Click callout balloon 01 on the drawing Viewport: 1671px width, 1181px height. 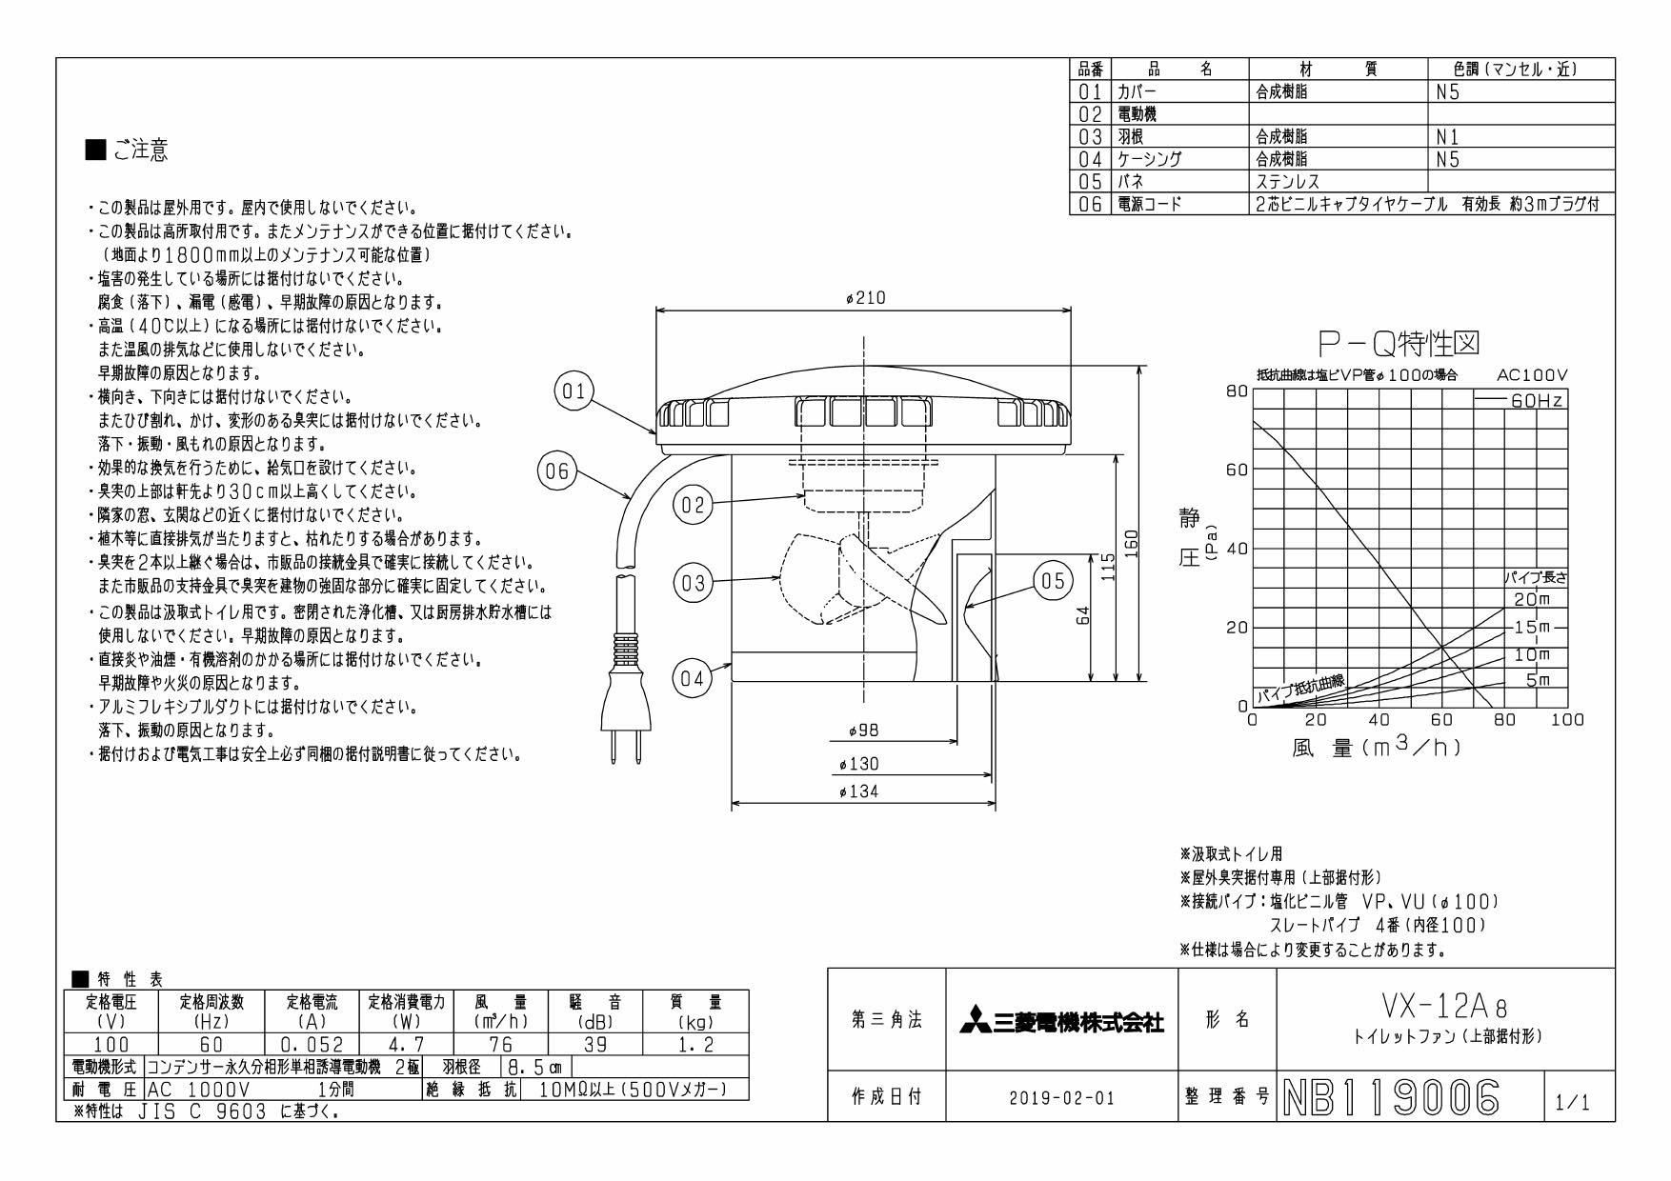click(574, 391)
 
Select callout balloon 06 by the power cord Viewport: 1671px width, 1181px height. click(557, 470)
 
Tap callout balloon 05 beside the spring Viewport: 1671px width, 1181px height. click(1053, 581)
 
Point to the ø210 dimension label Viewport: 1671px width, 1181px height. click(865, 298)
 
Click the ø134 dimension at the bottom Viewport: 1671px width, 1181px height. click(858, 791)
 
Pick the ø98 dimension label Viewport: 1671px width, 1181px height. click(863, 731)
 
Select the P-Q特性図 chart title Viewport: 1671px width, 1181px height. click(1398, 343)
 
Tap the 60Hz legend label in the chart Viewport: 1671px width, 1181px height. click(1537, 401)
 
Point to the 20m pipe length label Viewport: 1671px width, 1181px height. click(1532, 599)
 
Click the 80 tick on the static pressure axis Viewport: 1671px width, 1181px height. click(1237, 390)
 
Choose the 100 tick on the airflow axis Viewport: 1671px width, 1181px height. click(1567, 720)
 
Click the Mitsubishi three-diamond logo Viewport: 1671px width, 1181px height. click(975, 1020)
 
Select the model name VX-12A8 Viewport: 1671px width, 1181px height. click(1444, 1006)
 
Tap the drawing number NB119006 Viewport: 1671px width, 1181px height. click(1392, 1098)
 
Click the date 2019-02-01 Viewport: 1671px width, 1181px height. click(1061, 1098)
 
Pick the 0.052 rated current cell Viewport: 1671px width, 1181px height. click(312, 1045)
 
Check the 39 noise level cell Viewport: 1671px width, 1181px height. click(595, 1045)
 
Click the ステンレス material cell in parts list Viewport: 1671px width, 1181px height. click(1287, 182)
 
